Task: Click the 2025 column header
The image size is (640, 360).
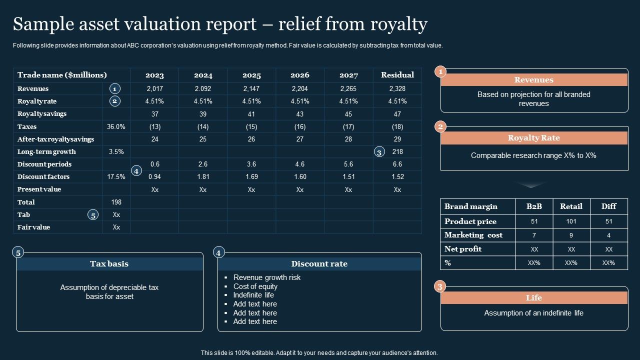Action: point(251,75)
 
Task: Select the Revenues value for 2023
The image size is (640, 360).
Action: point(155,88)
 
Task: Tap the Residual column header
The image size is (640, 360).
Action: point(397,75)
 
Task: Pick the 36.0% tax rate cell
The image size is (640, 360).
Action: point(116,126)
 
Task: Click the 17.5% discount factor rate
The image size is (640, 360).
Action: point(116,176)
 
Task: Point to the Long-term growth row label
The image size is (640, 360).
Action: point(46,151)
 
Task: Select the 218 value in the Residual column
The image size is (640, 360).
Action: point(397,151)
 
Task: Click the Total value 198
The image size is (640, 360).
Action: point(116,202)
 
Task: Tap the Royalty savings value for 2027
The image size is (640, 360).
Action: point(348,114)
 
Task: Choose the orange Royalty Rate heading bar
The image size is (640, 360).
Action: point(534,138)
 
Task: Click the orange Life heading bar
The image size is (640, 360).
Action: point(534,297)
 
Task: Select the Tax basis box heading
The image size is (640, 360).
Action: point(109,263)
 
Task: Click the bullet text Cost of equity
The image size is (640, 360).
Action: point(255,286)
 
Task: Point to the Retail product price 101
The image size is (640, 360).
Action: point(571,221)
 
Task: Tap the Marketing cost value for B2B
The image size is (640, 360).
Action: point(534,235)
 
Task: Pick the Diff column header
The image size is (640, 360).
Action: point(608,206)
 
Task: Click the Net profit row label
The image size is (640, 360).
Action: point(463,249)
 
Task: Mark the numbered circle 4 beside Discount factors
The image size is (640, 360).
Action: point(136,171)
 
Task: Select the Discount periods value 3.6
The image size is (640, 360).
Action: point(251,164)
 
